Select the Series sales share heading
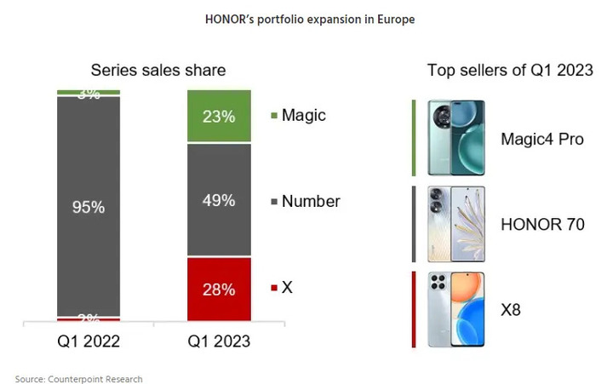click(x=158, y=71)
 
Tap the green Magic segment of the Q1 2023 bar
click(x=219, y=117)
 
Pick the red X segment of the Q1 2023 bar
click(x=219, y=289)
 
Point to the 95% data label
click(x=89, y=206)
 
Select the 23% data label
click(x=219, y=117)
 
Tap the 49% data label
click(x=219, y=201)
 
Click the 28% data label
click(x=219, y=289)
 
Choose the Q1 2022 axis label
click(x=89, y=341)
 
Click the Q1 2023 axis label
click(x=219, y=341)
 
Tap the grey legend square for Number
click(x=273, y=203)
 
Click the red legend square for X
click(x=273, y=289)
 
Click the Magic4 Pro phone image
click(x=456, y=138)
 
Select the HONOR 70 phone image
click(x=456, y=224)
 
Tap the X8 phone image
click(x=456, y=309)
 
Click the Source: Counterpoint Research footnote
click(x=78, y=378)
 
